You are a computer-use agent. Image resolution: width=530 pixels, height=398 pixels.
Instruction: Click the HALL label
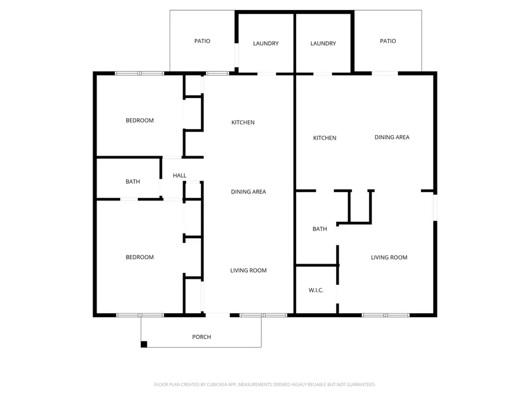180,176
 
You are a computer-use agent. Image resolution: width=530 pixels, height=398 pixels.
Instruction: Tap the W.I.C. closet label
316,290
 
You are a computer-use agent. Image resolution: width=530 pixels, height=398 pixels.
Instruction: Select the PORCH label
201,337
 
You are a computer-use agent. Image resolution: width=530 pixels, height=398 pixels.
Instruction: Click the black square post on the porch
144,344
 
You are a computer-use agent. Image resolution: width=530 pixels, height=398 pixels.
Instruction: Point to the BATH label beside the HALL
132,182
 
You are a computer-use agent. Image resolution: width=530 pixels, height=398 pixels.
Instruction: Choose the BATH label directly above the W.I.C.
320,229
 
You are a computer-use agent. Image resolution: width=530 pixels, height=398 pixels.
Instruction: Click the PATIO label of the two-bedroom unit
202,41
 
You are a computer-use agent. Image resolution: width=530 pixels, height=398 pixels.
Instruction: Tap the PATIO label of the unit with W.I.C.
387,41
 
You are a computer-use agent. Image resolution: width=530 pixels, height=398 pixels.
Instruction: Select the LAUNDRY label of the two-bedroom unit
266,44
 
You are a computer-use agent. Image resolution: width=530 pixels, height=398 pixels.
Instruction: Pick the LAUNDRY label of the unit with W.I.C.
323,44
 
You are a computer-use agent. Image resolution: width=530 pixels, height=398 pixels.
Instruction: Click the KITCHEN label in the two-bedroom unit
243,123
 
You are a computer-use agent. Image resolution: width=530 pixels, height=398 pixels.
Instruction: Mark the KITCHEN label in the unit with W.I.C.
324,138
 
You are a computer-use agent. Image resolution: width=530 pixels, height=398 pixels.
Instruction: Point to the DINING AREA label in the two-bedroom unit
248,192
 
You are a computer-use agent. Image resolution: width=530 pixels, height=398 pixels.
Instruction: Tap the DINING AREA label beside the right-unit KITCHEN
392,137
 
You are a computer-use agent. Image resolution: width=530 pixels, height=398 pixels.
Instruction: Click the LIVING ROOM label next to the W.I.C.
389,257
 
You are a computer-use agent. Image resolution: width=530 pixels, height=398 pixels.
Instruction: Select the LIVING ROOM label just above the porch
248,271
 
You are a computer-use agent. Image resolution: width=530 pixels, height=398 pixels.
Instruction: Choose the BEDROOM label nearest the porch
140,257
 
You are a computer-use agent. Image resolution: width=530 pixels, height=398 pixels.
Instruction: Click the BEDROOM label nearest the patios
140,120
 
